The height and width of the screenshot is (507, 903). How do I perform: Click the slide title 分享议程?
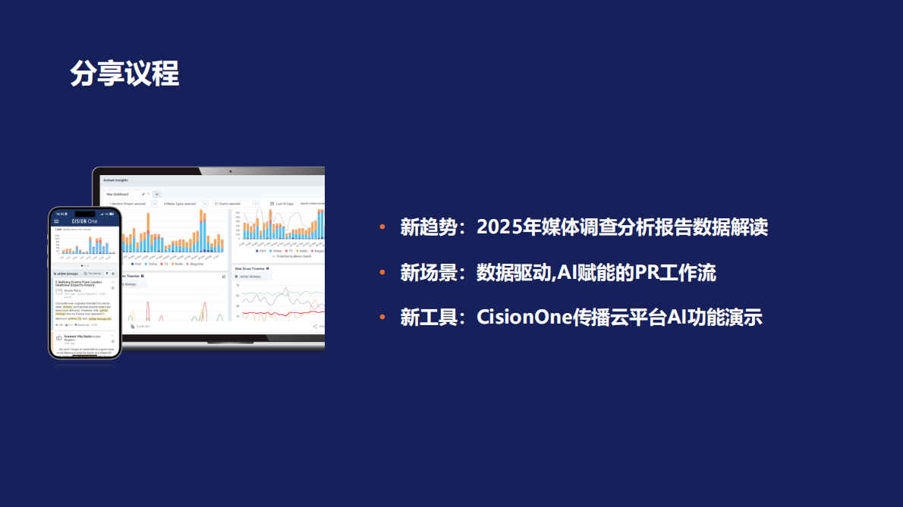[124, 74]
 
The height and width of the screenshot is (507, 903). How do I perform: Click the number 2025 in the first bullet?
[498, 227]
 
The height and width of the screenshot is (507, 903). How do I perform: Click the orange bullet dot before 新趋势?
[383, 227]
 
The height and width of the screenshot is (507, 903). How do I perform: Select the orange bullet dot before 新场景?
[383, 273]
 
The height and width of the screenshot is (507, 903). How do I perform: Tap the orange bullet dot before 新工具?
[383, 318]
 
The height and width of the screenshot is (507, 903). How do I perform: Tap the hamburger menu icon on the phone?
[56, 221]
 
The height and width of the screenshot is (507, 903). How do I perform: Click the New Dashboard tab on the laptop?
[118, 194]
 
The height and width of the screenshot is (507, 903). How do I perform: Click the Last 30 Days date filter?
[284, 204]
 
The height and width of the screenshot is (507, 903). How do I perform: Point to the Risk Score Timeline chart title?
[250, 268]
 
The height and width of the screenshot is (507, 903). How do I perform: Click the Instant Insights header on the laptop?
[116, 180]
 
